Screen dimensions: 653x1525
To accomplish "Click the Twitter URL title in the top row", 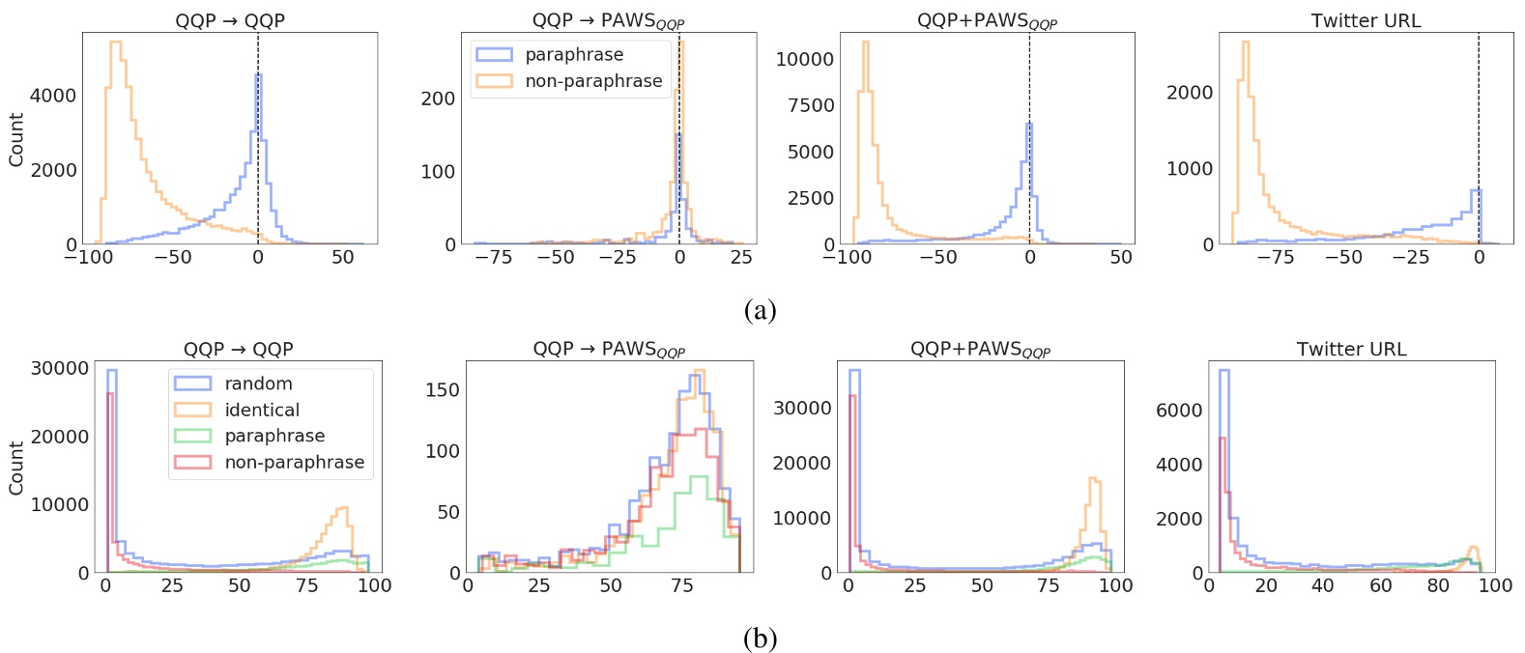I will coord(1366,20).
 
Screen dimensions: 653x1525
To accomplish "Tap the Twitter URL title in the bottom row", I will coord(1351,349).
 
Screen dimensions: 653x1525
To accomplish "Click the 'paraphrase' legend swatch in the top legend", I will coord(494,55).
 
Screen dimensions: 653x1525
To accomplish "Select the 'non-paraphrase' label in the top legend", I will coord(593,81).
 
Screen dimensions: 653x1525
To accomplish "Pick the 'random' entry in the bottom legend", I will coord(258,383).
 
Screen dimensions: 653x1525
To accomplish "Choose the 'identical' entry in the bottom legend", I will coord(262,410).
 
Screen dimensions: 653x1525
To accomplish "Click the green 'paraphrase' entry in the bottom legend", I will coord(274,436).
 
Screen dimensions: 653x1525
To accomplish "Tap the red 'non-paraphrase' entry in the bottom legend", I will coord(294,462).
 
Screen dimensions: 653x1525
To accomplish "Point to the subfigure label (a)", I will coord(761,310).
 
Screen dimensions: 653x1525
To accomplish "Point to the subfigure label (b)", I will coord(761,639).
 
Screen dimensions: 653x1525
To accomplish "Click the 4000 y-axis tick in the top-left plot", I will coord(53,96).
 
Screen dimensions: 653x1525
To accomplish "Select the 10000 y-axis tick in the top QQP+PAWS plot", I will coord(804,59).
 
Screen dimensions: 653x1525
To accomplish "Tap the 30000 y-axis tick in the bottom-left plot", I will coord(60,368).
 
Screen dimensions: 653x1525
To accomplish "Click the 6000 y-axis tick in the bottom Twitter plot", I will coord(1179,411).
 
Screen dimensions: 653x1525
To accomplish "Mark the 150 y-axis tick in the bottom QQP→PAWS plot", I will coord(443,389).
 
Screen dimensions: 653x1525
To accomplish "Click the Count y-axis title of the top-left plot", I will coord(16,139).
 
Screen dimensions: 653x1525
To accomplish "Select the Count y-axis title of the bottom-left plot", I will coord(16,468).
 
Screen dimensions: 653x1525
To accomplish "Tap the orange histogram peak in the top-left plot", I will coord(115,43).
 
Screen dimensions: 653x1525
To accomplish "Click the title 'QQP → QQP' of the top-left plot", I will coord(230,20).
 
